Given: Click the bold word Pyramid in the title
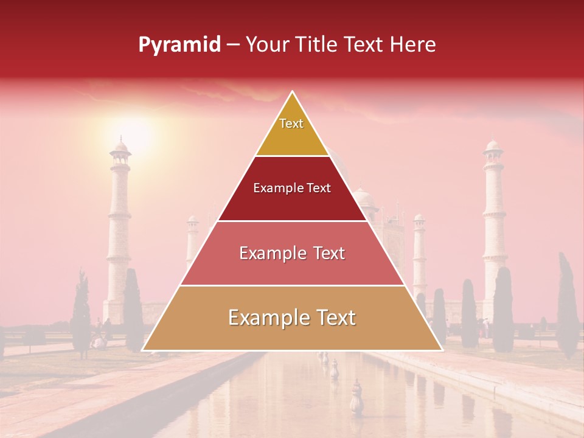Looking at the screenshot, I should pyautogui.click(x=179, y=45).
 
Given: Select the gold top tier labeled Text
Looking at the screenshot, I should pyautogui.click(x=292, y=128).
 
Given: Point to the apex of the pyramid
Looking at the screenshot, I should pyautogui.click(x=292, y=92).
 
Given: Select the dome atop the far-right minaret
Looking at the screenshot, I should pyautogui.click(x=493, y=147).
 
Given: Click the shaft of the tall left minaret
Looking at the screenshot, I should pyautogui.click(x=119, y=231).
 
